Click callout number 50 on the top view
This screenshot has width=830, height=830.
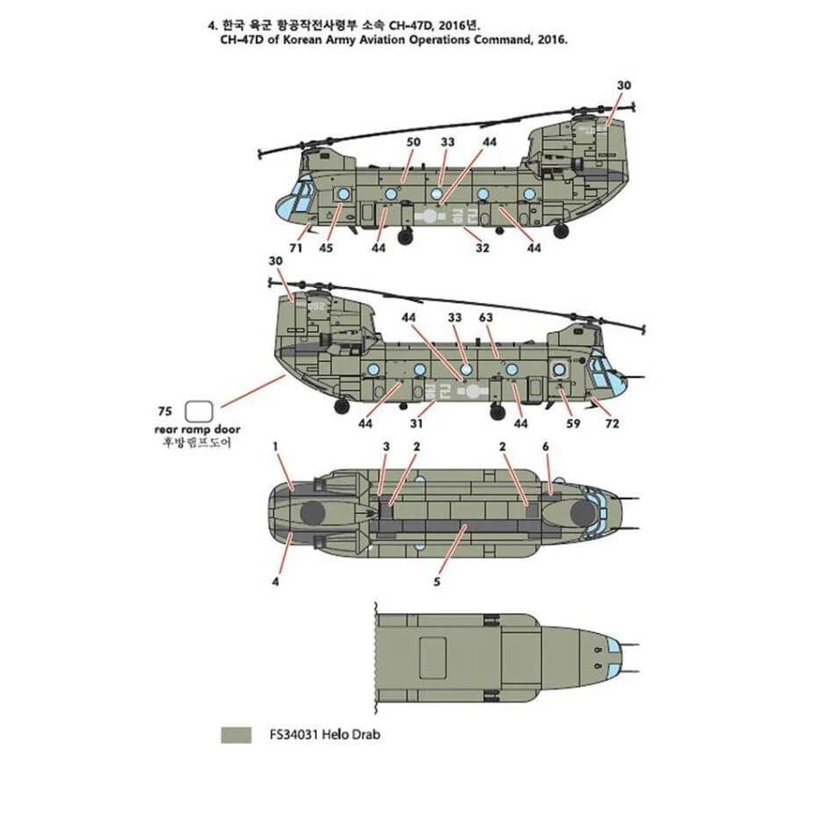413,142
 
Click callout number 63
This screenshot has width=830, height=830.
487,317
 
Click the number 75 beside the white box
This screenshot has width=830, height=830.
164,410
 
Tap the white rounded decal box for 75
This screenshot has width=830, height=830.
200,410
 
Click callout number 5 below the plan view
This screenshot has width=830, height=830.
437,581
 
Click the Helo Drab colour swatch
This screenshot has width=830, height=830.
235,734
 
